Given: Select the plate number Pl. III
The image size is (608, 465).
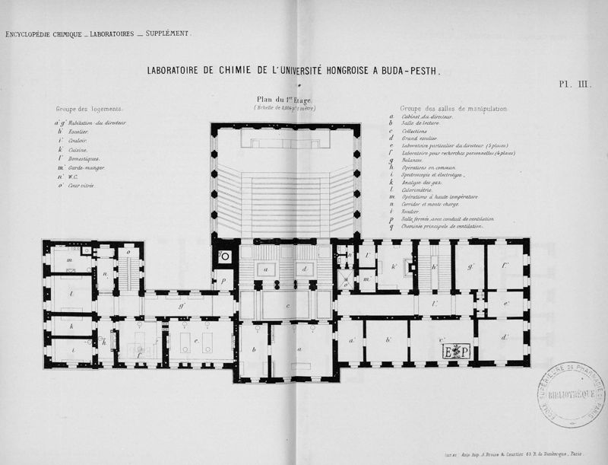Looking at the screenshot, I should [x=575, y=85].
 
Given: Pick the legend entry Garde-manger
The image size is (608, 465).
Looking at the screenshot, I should [x=86, y=167].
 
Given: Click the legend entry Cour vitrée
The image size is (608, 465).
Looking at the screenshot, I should [x=81, y=186].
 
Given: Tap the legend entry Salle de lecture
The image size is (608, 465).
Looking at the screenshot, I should [x=423, y=123].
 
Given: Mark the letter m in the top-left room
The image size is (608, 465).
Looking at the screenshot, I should [x=69, y=260].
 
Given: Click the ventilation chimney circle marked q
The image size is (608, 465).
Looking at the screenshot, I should [x=224, y=256].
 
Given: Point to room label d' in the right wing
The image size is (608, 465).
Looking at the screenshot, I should [x=505, y=337].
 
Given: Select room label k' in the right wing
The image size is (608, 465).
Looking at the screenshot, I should [x=394, y=266].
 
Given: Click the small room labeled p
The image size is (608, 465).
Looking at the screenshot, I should [x=224, y=280].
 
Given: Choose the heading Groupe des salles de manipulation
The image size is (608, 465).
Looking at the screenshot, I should [x=453, y=109].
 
